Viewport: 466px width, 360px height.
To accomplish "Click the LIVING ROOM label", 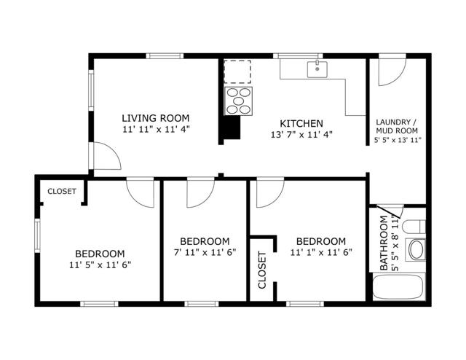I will [155, 118].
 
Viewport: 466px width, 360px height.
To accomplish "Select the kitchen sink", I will [317, 69].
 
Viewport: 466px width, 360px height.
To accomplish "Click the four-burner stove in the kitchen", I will [239, 101].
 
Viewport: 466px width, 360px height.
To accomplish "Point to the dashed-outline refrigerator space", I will [237, 73].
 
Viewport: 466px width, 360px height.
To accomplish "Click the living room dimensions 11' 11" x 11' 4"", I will [155, 130].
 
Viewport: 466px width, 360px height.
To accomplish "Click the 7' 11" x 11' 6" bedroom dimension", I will [205, 253].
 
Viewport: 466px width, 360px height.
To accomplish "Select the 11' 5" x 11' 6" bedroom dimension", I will [100, 265].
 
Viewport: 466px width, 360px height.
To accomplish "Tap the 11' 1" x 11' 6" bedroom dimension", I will [320, 253].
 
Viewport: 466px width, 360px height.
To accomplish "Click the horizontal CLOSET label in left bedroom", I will [61, 192].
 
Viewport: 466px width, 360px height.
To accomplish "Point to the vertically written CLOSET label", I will [262, 270].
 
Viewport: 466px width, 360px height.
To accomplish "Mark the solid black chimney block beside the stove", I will [232, 128].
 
